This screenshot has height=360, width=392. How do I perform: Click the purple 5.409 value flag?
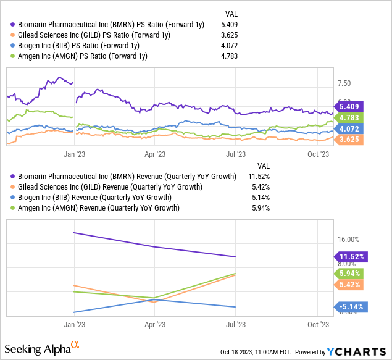350,106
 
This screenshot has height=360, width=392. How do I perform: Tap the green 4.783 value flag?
350,117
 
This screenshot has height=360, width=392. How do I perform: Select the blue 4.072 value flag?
350,129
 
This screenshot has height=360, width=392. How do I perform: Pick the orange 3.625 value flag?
350,140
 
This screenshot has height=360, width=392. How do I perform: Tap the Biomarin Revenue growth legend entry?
123,176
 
